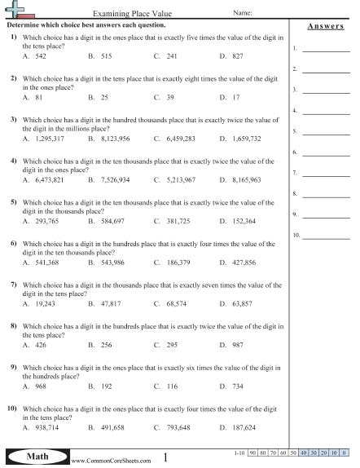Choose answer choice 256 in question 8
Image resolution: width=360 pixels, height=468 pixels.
[106, 345]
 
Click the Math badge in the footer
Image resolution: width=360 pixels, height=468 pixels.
[34, 457]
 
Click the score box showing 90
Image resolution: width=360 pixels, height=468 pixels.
[253, 451]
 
